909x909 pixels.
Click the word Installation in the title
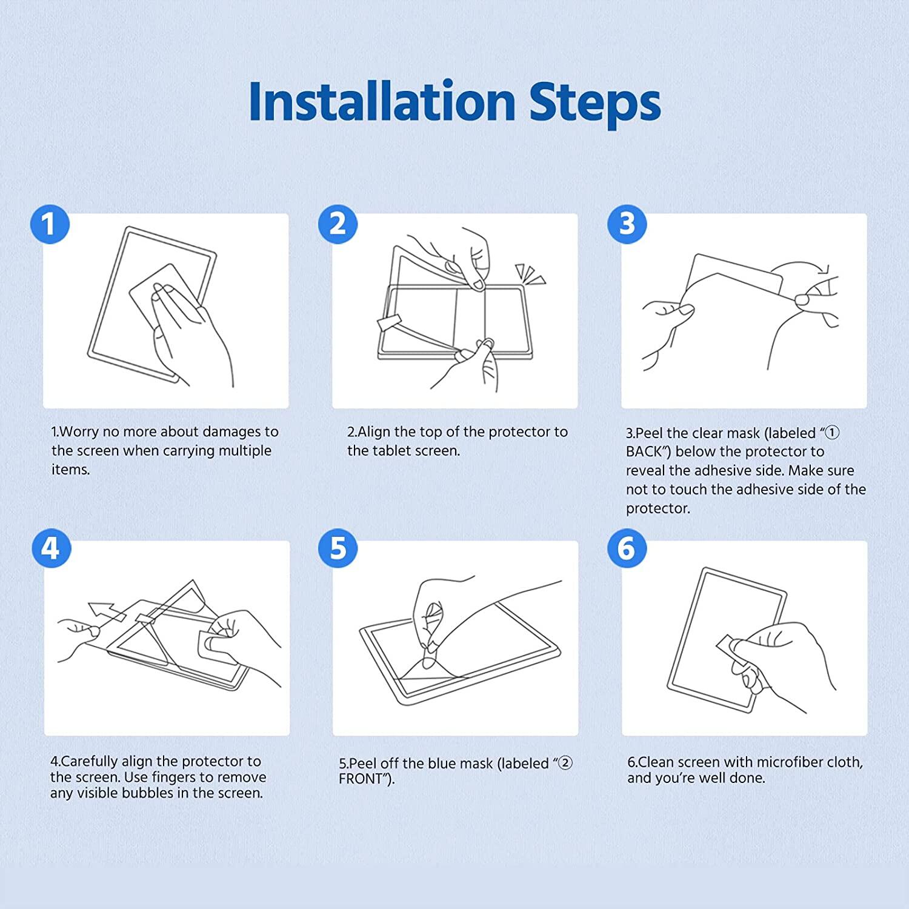tap(382, 101)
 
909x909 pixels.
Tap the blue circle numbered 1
tap(50, 224)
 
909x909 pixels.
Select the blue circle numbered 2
tap(338, 224)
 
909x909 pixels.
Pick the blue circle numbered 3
tap(627, 224)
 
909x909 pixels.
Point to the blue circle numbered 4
tap(50, 548)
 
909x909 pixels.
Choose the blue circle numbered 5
tap(338, 548)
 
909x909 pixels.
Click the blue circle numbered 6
tap(627, 548)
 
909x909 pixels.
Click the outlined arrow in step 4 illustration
tap(107, 612)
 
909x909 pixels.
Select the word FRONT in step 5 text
tap(361, 779)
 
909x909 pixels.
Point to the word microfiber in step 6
tap(790, 762)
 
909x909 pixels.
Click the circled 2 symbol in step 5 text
tap(565, 763)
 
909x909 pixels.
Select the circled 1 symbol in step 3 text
tap(833, 433)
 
